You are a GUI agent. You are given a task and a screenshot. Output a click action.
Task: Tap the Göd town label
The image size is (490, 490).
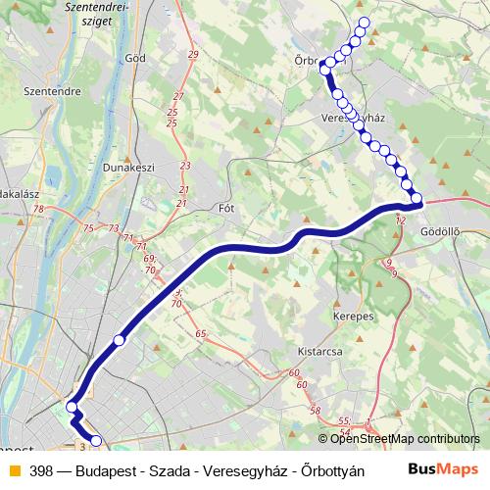click(x=135, y=58)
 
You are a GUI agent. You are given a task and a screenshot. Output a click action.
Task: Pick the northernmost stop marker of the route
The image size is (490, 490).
click(x=365, y=23)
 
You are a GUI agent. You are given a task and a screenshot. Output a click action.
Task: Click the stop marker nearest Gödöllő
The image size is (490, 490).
click(x=416, y=199)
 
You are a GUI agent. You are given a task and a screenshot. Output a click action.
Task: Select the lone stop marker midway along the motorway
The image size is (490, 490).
click(x=119, y=340)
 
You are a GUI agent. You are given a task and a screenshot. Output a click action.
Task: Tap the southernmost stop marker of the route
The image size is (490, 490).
click(x=96, y=441)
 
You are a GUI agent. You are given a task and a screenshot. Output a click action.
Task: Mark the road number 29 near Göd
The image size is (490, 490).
click(x=192, y=54)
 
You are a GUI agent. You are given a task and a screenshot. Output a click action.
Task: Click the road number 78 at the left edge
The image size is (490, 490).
click(x=37, y=209)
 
